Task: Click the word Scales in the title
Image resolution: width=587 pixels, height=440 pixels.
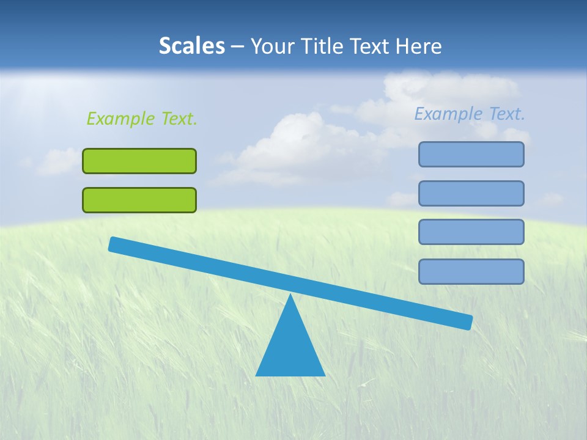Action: click(191, 46)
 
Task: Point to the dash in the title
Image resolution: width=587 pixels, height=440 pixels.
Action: click(238, 46)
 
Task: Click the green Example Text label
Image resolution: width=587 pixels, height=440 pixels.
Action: click(142, 119)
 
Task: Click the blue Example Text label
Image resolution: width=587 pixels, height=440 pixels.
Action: click(470, 114)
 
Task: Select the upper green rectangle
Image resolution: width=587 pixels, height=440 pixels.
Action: click(139, 161)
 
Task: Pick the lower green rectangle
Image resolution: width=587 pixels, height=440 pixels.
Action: click(139, 200)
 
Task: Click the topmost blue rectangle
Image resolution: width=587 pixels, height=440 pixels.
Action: click(471, 154)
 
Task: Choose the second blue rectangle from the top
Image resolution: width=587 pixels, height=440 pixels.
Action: click(471, 193)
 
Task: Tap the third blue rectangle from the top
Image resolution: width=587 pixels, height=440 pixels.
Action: click(471, 232)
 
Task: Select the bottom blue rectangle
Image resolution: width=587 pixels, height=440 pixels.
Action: click(471, 271)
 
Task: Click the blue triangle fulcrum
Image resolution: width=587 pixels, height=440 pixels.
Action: click(290, 348)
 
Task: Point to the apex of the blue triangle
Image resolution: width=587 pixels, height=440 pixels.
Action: click(291, 296)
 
